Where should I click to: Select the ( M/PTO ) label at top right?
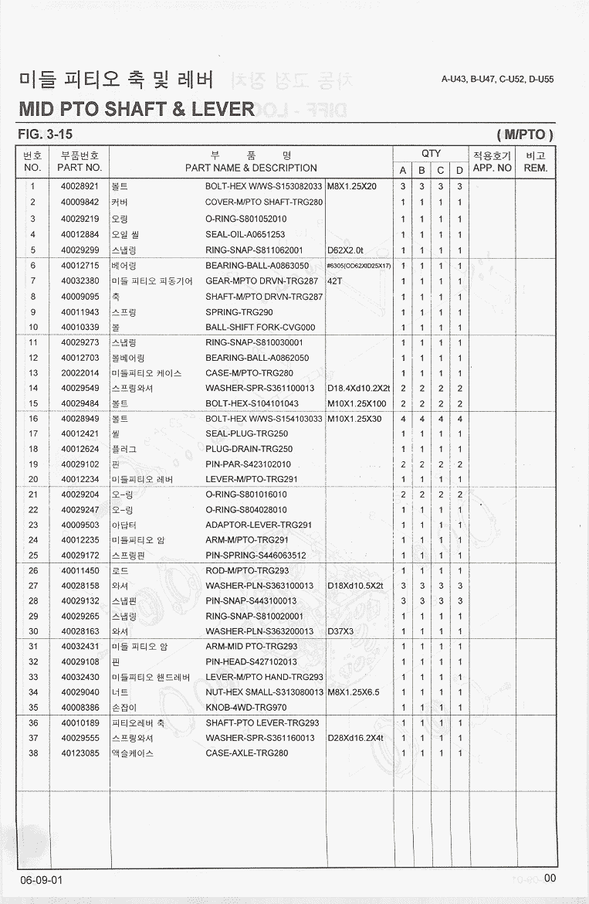pos(526,135)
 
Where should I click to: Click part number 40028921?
pos(80,187)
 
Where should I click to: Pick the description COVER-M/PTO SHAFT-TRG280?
pos(264,202)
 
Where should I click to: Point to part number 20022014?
pos(80,373)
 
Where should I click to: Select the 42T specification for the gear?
pos(335,280)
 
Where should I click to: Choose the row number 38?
pos(33,753)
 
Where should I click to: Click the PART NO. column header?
pos(80,167)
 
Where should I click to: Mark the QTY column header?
pos(431,154)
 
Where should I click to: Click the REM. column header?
pos(534,167)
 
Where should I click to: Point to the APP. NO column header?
pos(492,167)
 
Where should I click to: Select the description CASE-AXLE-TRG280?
pos(246,753)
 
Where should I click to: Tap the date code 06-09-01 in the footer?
pos(42,881)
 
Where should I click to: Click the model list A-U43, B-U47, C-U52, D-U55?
pos(497,79)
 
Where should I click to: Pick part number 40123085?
pos(80,753)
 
